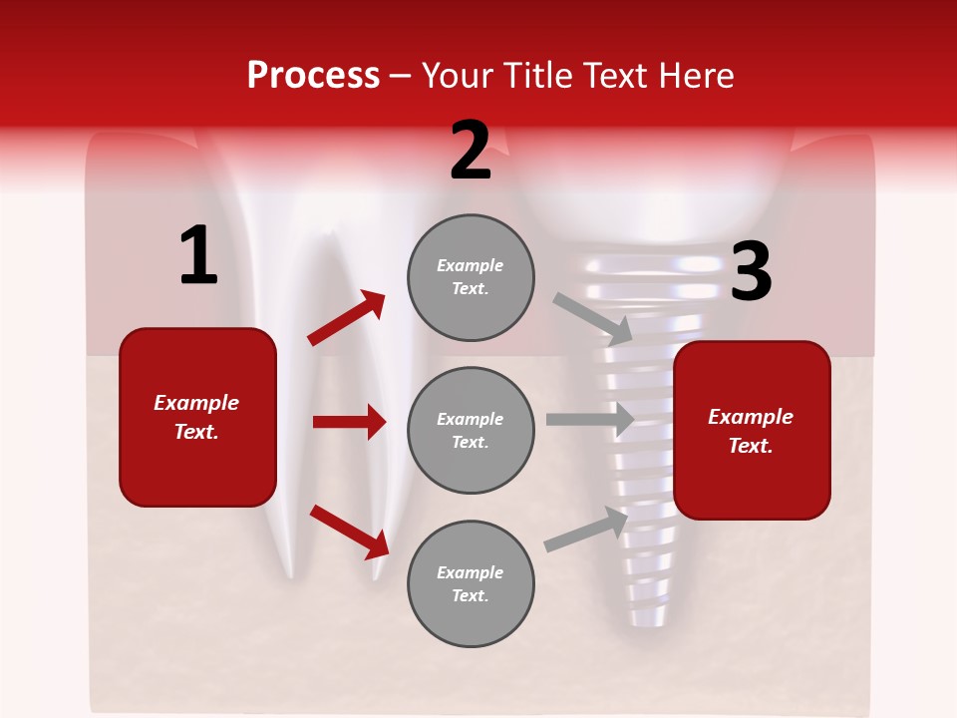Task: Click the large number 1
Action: (x=198, y=255)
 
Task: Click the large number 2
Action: (x=471, y=151)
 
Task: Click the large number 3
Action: (x=751, y=271)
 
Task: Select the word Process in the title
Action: (x=313, y=75)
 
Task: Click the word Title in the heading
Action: (x=539, y=75)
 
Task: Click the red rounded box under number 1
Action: (x=197, y=417)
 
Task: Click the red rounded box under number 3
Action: (x=752, y=430)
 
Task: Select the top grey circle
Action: (x=471, y=277)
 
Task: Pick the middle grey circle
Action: (x=471, y=430)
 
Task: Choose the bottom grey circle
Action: (x=471, y=583)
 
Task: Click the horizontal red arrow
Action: (x=349, y=422)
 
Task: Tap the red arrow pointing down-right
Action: (x=349, y=532)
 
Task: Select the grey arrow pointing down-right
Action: (x=592, y=318)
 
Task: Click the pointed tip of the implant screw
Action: (x=646, y=620)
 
